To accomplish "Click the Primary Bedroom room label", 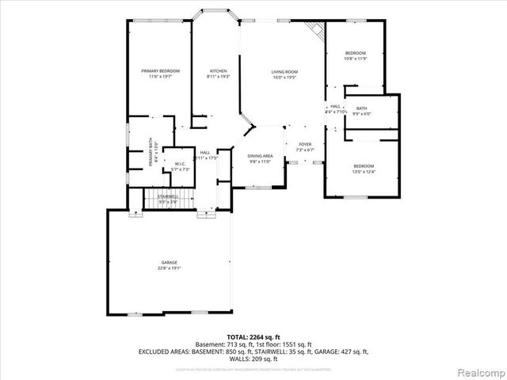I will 161,71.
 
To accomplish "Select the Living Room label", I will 284,71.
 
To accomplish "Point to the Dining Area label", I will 260,156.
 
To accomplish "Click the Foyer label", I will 305,145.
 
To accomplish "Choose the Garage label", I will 169,262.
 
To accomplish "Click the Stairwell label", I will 167,196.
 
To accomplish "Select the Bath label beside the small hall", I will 362,108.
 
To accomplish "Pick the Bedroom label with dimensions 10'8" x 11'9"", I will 355,53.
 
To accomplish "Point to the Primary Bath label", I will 149,152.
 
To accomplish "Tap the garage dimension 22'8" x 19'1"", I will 169,268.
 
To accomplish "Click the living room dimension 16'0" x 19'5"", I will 284,77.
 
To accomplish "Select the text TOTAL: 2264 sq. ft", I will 253,337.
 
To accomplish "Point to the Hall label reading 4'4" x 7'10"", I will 336,108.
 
